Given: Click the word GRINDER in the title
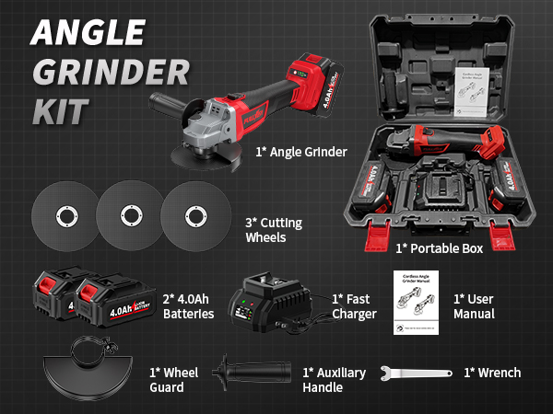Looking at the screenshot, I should click(108, 71).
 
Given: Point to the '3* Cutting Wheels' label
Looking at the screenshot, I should click(273, 230).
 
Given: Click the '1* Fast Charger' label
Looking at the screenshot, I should click(354, 306).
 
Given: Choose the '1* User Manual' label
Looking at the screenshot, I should click(474, 306).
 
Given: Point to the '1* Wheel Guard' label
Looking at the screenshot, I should click(175, 380).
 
